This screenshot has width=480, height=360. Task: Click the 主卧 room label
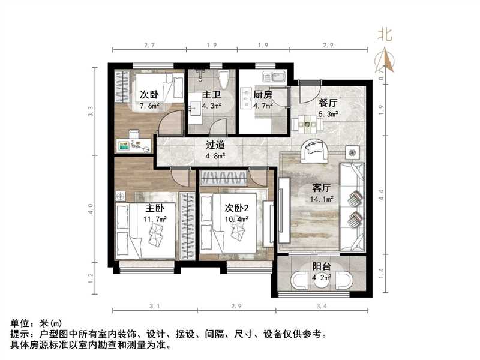155,209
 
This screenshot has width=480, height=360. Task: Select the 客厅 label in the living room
322,188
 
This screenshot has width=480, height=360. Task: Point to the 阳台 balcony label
322,268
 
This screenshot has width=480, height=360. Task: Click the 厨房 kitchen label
263,95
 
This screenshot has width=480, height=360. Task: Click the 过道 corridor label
215,145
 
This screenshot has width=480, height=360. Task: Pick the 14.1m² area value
322,200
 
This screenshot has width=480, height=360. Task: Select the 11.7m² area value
155,220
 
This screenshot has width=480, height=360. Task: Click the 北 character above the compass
385,34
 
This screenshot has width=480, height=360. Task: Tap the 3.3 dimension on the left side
91,111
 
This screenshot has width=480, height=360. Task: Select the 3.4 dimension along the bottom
322,307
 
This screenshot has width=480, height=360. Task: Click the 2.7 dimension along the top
150,46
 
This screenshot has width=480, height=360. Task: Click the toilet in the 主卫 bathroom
225,82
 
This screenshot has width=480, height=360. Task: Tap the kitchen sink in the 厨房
278,77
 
